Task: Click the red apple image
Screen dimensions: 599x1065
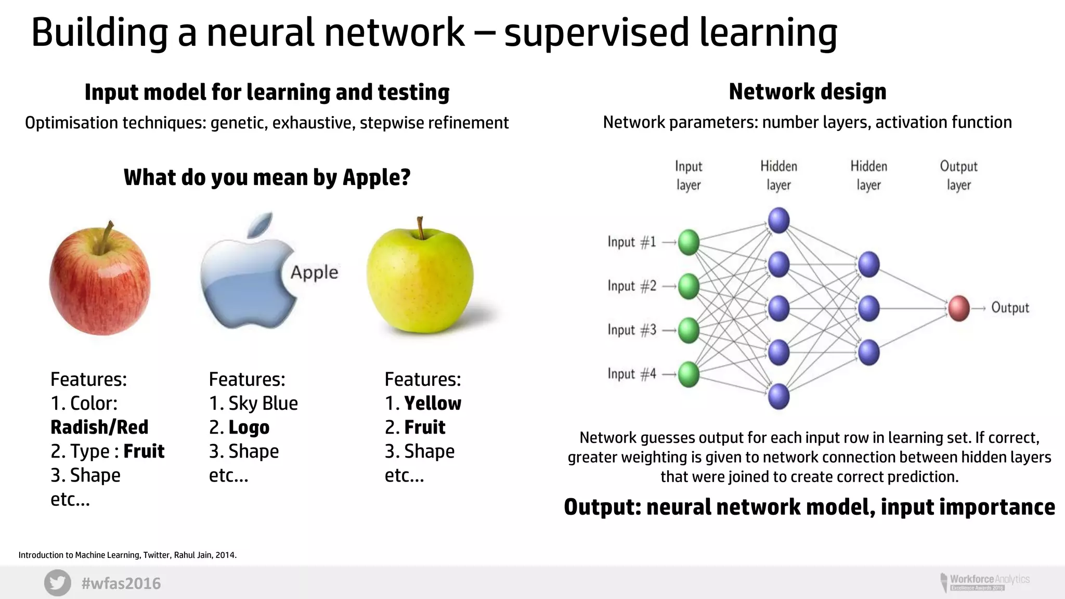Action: [x=100, y=281]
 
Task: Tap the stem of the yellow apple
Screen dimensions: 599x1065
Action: [x=420, y=228]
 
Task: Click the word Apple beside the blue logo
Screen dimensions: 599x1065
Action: [x=314, y=272]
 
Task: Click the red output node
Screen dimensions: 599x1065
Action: [x=958, y=308]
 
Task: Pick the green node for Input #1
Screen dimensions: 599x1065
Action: [x=689, y=242]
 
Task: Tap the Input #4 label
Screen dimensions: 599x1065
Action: [x=632, y=374]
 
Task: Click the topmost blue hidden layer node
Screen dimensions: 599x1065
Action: [x=778, y=220]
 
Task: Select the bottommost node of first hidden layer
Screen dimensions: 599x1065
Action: [x=778, y=397]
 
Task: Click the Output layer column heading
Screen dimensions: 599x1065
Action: [x=958, y=176]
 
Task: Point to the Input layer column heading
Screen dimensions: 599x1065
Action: [x=689, y=176]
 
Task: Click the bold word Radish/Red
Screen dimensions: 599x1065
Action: [x=99, y=427]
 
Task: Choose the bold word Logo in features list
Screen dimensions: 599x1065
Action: [x=249, y=427]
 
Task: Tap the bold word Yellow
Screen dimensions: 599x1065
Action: [x=433, y=403]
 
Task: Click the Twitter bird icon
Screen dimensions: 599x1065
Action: [x=57, y=583]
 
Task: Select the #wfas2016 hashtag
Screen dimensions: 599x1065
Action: [x=121, y=583]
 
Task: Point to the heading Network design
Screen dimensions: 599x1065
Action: [x=807, y=92]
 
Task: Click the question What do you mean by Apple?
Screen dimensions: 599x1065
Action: [x=267, y=178]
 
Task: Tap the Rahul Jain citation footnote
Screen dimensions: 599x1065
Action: [x=127, y=555]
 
